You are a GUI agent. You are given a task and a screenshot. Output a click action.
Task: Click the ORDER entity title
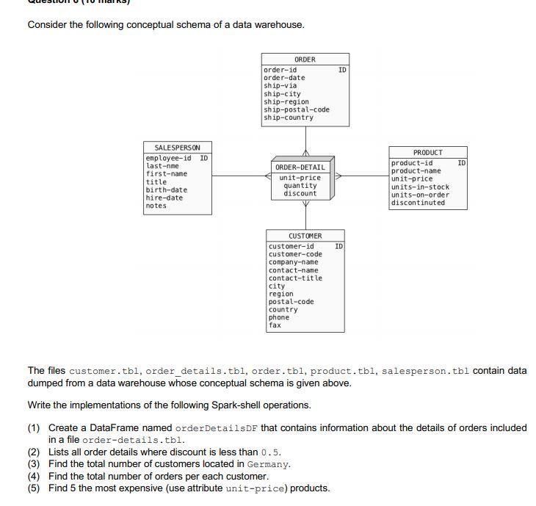(x=305, y=59)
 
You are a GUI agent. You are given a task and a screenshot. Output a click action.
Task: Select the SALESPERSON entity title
(x=177, y=148)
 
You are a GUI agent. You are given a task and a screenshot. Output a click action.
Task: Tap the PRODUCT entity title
(x=427, y=153)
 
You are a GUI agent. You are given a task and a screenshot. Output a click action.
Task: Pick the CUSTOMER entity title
(x=305, y=236)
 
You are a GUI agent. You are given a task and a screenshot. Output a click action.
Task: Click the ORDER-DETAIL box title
(x=300, y=167)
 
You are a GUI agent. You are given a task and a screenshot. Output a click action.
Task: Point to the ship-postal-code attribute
(x=297, y=109)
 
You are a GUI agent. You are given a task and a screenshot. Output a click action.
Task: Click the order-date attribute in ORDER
(x=284, y=78)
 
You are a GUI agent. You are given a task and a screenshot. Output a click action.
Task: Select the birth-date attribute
(x=166, y=189)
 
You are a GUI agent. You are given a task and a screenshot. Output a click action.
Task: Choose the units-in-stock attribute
(x=420, y=187)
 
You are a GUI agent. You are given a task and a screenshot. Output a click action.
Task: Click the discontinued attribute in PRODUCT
(x=418, y=203)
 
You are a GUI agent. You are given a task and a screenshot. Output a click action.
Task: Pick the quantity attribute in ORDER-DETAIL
(x=300, y=186)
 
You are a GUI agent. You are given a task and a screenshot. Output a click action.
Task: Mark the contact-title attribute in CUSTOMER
(x=295, y=278)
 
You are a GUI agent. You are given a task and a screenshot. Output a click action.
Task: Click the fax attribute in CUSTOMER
(x=275, y=325)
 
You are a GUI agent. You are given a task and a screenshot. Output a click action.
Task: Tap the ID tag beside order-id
(x=342, y=70)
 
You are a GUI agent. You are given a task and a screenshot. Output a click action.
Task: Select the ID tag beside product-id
(x=461, y=162)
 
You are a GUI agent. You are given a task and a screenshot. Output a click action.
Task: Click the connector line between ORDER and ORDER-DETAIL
(x=305, y=140)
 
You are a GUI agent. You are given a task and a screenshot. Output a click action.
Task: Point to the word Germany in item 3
(x=269, y=464)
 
